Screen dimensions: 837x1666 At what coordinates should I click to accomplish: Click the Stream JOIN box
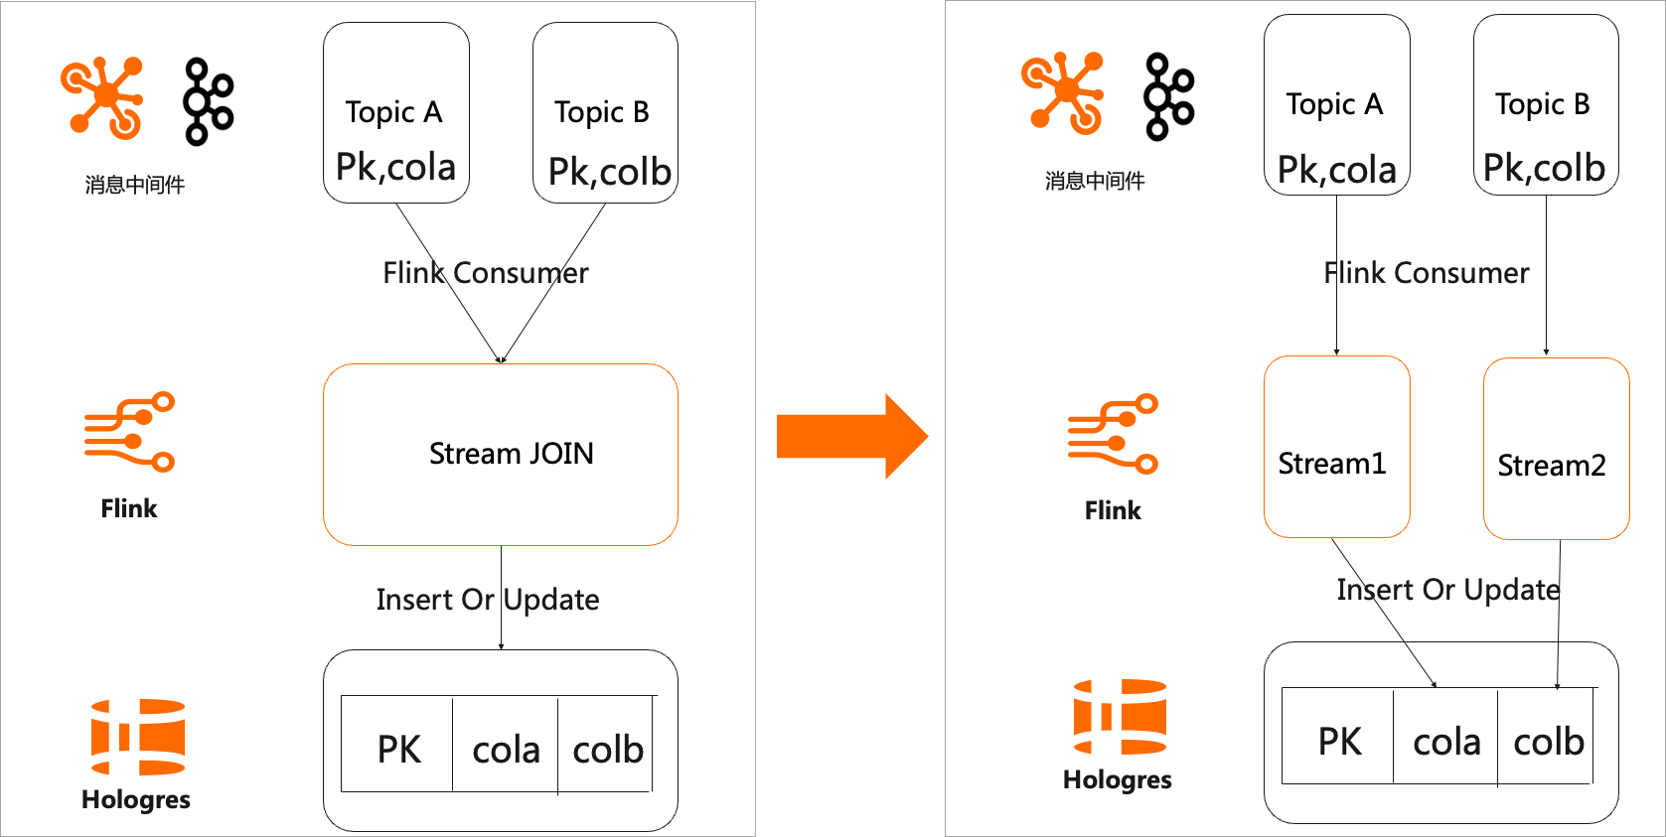[x=500, y=454]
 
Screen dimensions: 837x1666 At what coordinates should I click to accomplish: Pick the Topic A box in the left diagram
[x=395, y=112]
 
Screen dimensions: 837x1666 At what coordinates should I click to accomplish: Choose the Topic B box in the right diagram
[x=1546, y=104]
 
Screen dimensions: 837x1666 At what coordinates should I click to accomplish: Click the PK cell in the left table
[x=398, y=749]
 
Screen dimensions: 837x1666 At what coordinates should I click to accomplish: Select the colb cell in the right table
[x=1547, y=741]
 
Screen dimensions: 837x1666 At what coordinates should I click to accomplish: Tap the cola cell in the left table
[x=506, y=749]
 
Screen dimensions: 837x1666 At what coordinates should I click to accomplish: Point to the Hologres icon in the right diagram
[x=1120, y=717]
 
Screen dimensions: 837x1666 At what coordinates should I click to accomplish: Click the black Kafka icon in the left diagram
[x=208, y=101]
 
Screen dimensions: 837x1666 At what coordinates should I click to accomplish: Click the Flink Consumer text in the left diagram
[x=485, y=273]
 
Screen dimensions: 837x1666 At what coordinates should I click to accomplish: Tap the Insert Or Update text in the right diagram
[x=1447, y=590]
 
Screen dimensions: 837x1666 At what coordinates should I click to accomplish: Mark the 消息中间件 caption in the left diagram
[x=134, y=185]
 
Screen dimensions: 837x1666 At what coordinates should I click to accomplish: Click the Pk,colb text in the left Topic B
[x=609, y=172]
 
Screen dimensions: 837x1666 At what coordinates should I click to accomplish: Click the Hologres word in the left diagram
[x=136, y=800]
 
